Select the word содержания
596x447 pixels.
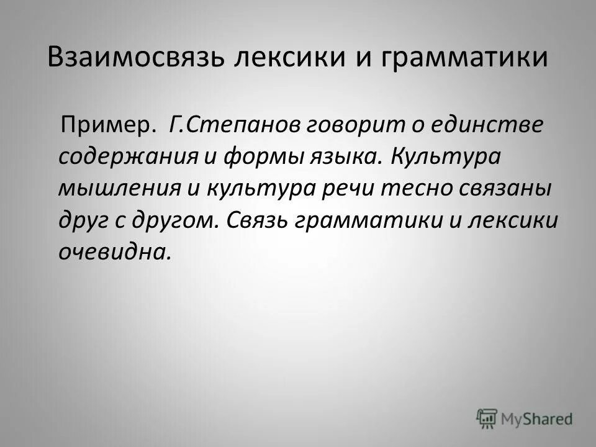click(127, 156)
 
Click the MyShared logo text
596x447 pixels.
click(536, 418)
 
